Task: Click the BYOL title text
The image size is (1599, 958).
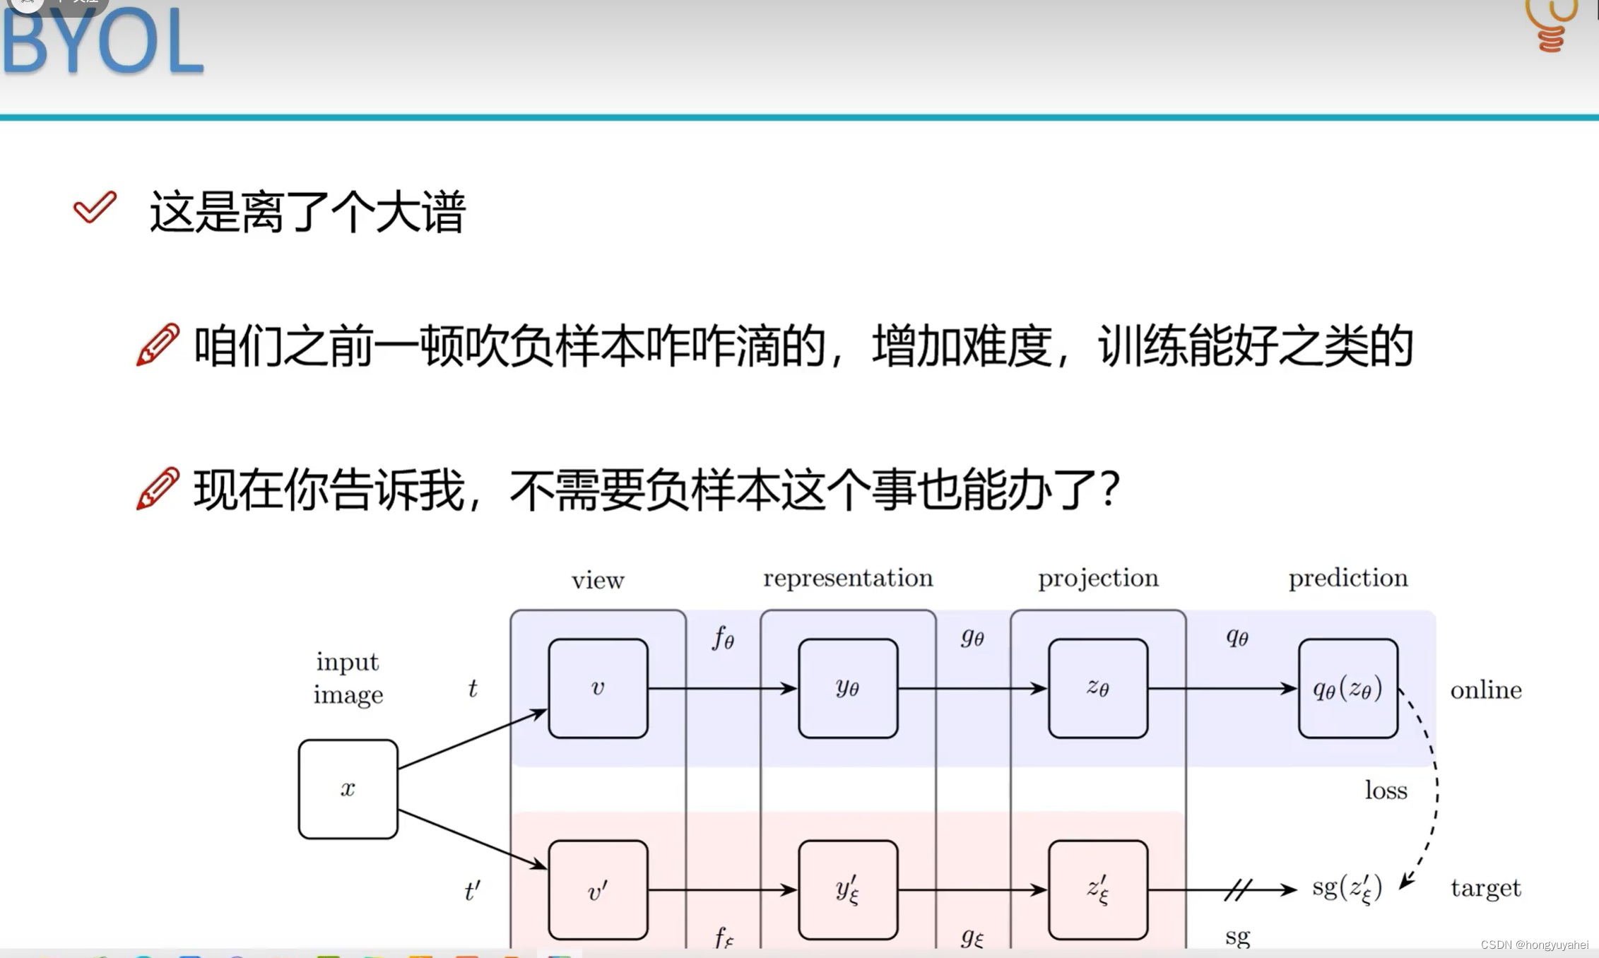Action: [x=103, y=42]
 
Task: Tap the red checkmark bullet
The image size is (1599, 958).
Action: [x=95, y=207]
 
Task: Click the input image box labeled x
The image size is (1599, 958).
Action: [x=348, y=788]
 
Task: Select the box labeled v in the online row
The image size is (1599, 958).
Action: [x=598, y=688]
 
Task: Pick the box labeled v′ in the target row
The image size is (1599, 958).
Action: [x=598, y=890]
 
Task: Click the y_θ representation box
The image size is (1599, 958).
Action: [x=848, y=688]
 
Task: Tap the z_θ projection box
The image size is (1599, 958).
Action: [x=1098, y=688]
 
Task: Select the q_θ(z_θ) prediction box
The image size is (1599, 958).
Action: [x=1347, y=688]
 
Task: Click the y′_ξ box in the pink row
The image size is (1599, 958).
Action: [x=848, y=890]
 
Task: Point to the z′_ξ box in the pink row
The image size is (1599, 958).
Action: [x=1098, y=890]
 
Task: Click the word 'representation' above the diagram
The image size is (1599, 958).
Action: [x=848, y=578]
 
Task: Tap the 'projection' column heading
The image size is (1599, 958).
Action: [x=1098, y=578]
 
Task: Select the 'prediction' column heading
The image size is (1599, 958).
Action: [x=1347, y=578]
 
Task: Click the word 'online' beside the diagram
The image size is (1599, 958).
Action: [x=1486, y=690]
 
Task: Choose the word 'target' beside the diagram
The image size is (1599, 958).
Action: [x=1485, y=888]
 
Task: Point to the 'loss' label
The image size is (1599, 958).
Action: [x=1386, y=790]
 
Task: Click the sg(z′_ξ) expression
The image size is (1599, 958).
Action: [x=1347, y=889]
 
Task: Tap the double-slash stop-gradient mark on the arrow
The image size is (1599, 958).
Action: [x=1238, y=889]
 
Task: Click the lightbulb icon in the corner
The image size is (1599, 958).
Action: [x=1552, y=25]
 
